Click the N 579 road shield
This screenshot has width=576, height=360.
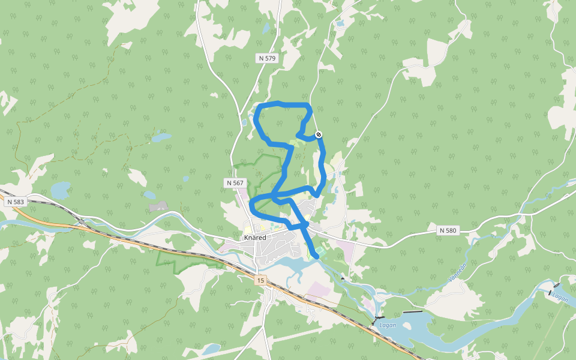[268, 58]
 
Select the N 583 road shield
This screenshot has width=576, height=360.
[16, 202]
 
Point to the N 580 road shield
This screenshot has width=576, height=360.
[448, 230]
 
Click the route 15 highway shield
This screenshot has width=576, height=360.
[260, 280]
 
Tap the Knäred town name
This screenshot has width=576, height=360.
[255, 238]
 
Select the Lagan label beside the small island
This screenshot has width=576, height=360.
[388, 325]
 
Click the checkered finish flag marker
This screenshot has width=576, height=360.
[319, 135]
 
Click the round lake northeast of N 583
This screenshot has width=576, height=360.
[60, 191]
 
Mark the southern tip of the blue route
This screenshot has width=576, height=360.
[317, 257]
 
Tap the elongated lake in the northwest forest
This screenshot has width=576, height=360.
[161, 137]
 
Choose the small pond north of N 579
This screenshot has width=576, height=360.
[266, 28]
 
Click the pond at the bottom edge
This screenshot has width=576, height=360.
[211, 349]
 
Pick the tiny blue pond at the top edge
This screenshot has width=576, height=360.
[340, 24]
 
